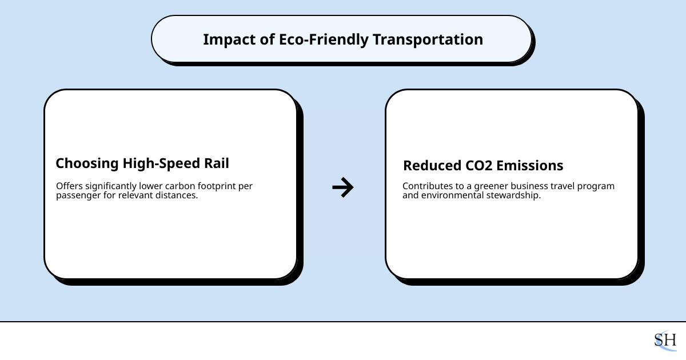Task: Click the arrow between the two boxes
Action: (x=343, y=187)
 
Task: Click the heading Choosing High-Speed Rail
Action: (x=142, y=163)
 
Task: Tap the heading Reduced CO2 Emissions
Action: (x=483, y=166)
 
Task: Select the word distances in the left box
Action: (x=176, y=195)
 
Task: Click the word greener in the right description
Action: (x=489, y=186)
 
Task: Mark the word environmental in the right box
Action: (x=451, y=195)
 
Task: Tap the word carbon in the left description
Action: (x=179, y=186)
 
